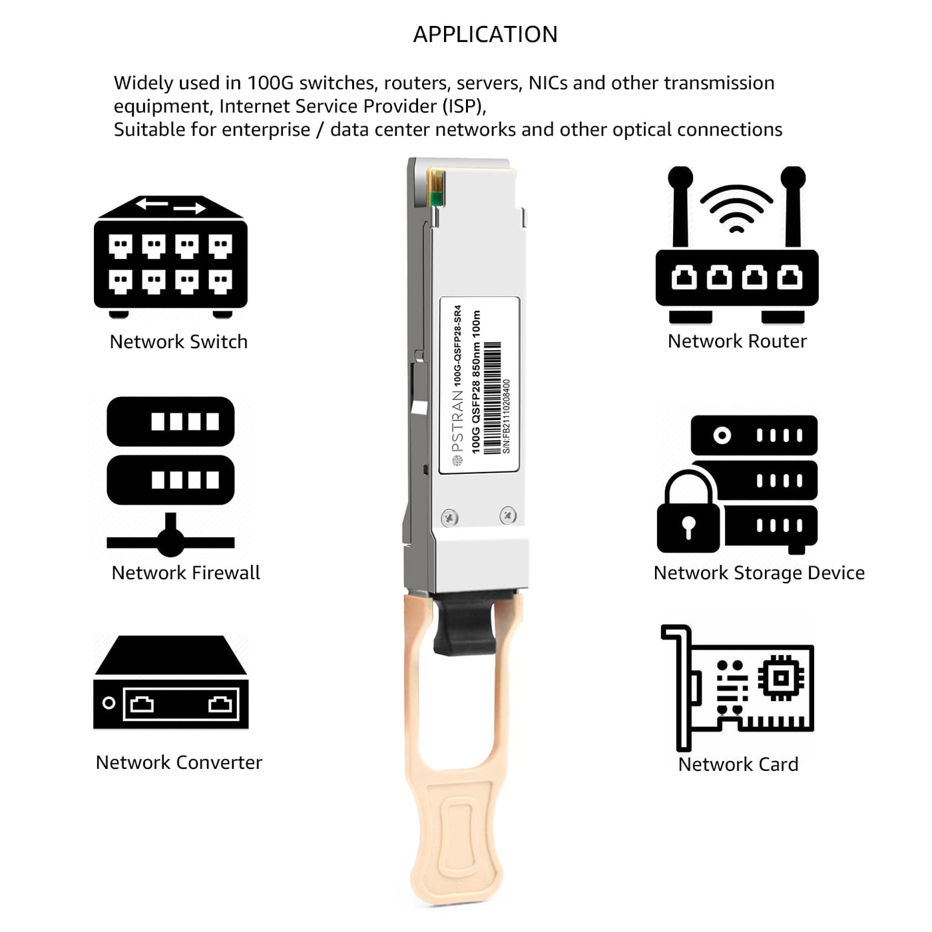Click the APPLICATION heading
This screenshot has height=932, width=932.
[485, 35]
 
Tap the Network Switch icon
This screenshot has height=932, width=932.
[170, 257]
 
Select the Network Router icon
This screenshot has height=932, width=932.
[736, 245]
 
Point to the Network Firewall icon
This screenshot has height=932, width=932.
[170, 477]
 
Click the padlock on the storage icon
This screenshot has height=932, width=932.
[688, 513]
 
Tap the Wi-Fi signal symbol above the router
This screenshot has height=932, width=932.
[736, 208]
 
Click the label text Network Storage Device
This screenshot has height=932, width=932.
[759, 573]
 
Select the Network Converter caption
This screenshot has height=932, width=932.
[178, 763]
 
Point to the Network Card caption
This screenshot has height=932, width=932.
[738, 765]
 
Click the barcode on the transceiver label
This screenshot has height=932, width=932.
[492, 398]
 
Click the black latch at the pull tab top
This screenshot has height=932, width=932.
[465, 622]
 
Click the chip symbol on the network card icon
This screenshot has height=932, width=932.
[781, 678]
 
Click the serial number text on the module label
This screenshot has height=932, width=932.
[507, 417]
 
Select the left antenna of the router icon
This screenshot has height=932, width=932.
[680, 206]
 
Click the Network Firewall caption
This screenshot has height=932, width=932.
[186, 573]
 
